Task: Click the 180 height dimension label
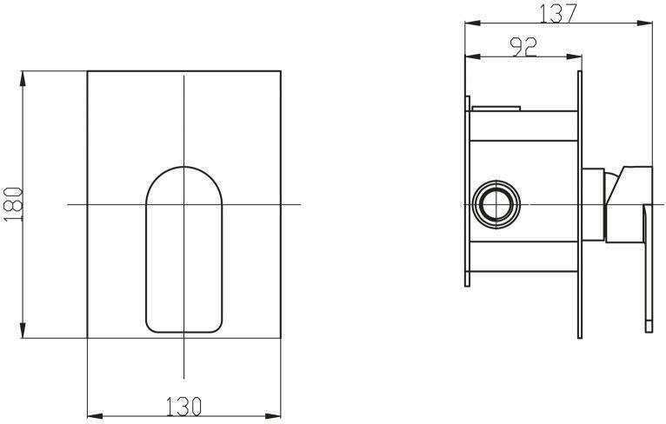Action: tap(13, 204)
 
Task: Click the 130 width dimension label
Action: tap(183, 406)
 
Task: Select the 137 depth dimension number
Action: tap(558, 13)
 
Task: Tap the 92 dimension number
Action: tap(523, 47)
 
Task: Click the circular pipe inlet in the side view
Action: tap(496, 204)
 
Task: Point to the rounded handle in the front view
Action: tap(184, 249)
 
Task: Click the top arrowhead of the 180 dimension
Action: tap(23, 79)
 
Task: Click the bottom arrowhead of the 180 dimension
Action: tap(23, 330)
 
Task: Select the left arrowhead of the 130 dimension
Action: tap(95, 416)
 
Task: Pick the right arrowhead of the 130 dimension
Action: tap(273, 416)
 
